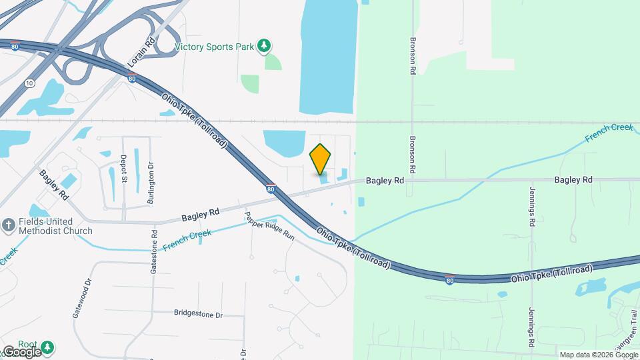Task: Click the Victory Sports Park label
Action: [215, 47]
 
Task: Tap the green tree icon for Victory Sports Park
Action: [265, 45]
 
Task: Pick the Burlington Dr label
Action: [151, 183]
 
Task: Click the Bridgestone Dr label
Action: [198, 313]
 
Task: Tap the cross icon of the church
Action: [8, 225]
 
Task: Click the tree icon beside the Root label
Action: [47, 347]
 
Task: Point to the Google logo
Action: [21, 351]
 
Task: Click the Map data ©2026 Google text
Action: [597, 355]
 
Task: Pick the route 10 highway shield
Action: [29, 83]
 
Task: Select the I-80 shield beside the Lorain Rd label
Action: [132, 78]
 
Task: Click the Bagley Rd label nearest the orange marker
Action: [385, 180]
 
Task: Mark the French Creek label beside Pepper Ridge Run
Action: [187, 240]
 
